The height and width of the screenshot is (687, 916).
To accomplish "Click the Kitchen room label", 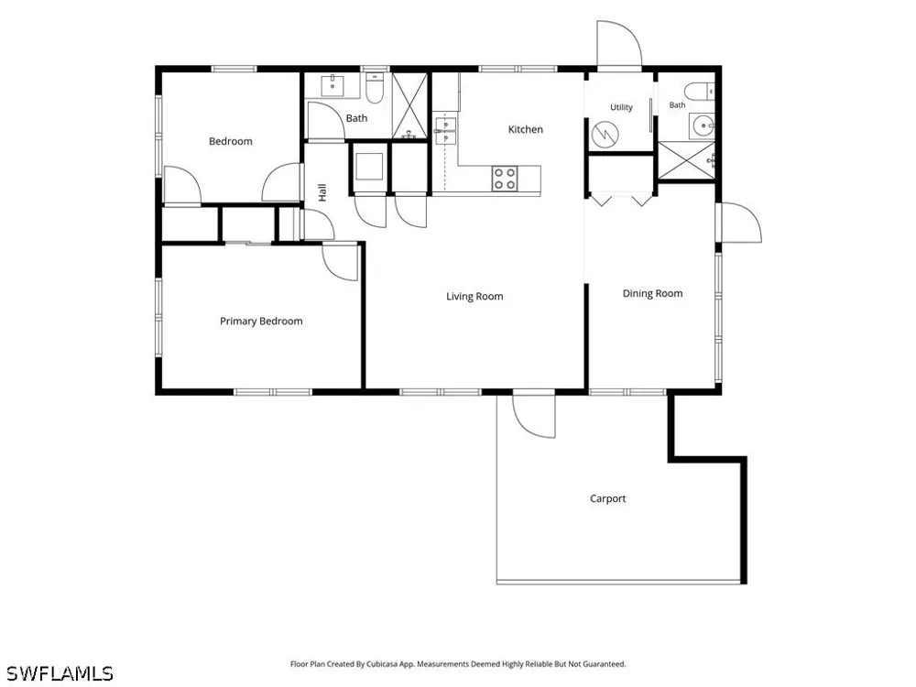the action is pos(525,129).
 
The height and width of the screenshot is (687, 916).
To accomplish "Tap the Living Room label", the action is pos(474,296).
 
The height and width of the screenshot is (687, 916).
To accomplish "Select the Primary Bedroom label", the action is pos(261,321).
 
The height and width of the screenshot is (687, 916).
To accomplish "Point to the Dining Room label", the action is pos(652,293).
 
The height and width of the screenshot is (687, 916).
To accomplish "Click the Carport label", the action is pos(607,498).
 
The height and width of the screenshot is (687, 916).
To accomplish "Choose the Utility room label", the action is pos(621,107).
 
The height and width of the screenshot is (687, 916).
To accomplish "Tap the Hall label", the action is pos(322,192).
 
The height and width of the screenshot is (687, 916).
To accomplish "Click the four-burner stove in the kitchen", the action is pos(505,179).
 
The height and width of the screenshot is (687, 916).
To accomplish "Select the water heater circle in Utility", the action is pos(605,135).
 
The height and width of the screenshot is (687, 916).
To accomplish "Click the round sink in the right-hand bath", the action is pos(703,125).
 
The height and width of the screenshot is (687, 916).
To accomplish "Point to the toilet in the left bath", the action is pos(374,88).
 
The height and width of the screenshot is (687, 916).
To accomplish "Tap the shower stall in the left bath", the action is pos(409,105).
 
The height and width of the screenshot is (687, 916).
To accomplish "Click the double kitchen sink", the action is pos(445,130).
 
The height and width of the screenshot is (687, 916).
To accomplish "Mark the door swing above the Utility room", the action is pos(619,44).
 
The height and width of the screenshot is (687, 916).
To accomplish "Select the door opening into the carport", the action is pos(534,415).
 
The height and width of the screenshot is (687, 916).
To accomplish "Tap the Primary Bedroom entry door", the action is pos(340,262).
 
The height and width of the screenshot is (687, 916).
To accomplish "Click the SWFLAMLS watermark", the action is pos(59,673).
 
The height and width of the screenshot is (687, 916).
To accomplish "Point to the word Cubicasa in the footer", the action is pos(382,664).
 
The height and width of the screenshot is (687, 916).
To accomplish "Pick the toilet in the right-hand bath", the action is pos(700,91).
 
